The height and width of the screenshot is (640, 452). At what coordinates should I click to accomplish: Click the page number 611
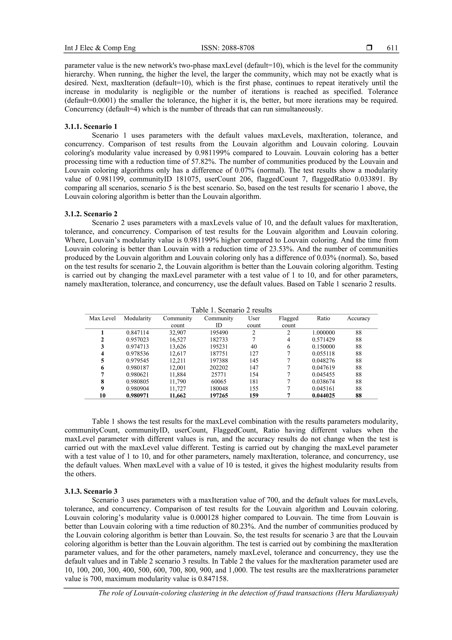pyautogui.click(x=392, y=48)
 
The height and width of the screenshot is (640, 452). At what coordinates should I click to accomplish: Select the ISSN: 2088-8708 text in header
pyautogui.click(x=228, y=48)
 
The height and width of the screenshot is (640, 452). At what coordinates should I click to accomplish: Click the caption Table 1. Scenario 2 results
pyautogui.click(x=231, y=310)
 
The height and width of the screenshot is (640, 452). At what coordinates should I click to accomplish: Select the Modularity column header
pyautogui.click(x=137, y=318)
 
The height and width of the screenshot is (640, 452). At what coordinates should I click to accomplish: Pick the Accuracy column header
pyautogui.click(x=358, y=318)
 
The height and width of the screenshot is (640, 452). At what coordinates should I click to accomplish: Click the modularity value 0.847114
pyautogui.click(x=137, y=332)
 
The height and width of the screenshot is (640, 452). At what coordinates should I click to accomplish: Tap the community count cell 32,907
pyautogui.click(x=177, y=332)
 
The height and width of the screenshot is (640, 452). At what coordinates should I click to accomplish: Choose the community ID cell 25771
pyautogui.click(x=219, y=374)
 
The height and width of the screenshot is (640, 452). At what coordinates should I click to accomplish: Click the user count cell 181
pyautogui.click(x=254, y=381)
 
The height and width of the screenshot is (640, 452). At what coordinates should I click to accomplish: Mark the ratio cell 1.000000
pyautogui.click(x=323, y=332)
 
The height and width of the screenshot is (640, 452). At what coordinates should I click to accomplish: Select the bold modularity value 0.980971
pyautogui.click(x=137, y=395)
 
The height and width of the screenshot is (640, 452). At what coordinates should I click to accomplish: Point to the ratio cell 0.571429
pyautogui.click(x=323, y=340)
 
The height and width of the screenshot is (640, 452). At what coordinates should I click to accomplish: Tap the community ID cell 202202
pyautogui.click(x=219, y=367)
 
